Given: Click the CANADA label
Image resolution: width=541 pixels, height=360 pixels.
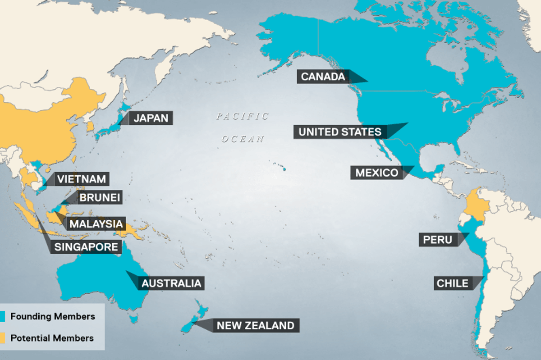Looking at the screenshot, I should [323, 77].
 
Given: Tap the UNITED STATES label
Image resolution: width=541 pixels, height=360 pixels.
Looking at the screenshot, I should [340, 132].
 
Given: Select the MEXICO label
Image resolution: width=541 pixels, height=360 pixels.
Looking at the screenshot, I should [377, 173].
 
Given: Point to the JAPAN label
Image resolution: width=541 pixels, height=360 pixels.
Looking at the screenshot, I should [151, 118].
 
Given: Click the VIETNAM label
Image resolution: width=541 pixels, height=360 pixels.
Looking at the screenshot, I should [82, 179].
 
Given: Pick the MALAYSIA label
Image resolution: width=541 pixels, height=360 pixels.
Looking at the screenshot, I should [96, 223].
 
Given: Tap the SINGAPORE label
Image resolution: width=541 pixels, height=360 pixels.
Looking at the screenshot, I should [86, 246].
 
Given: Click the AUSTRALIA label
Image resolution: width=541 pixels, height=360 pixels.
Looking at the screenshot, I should [171, 283].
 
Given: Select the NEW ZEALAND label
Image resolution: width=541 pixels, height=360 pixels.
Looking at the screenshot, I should [255, 325].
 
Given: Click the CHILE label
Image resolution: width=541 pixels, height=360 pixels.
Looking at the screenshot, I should [452, 283].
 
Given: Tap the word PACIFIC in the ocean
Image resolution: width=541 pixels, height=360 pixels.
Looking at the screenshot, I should [243, 116].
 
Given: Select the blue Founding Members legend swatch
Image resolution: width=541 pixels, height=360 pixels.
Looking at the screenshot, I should [2, 316].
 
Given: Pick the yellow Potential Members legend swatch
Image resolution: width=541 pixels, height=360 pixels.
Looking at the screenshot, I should [2, 338].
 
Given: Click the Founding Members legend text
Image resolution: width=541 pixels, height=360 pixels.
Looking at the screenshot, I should [52, 316].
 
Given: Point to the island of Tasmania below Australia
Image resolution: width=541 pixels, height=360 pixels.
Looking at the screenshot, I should [133, 319].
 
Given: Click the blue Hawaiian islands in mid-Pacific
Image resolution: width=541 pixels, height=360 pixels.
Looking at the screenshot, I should [284, 169].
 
